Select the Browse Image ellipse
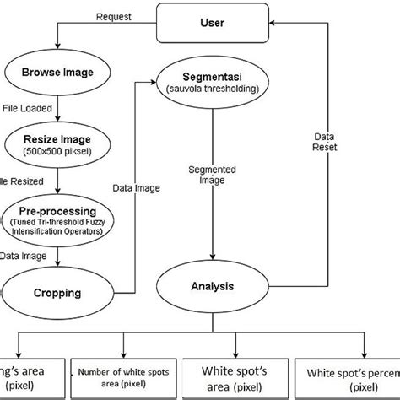(56, 72)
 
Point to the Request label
(114, 16)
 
